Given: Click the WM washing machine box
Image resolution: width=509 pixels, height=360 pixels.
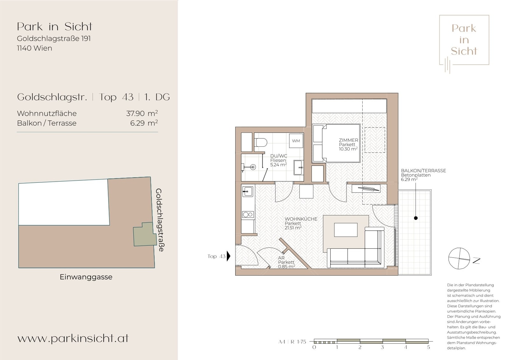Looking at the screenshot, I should (296, 141).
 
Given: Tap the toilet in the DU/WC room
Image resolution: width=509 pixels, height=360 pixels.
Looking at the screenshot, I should (261, 142).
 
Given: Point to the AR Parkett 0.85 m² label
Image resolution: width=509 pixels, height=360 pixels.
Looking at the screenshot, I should (286, 262).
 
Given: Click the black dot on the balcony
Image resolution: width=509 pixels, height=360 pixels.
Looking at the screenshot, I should (415, 218).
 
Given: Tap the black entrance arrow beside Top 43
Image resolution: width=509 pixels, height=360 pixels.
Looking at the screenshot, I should (228, 256).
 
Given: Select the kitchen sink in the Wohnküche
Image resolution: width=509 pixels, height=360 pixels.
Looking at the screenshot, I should (247, 191).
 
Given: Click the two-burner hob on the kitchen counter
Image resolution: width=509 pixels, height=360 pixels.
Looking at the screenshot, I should (248, 215).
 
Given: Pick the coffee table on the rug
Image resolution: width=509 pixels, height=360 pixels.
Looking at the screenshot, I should (345, 230).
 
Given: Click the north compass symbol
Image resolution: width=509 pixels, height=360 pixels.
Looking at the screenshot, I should (459, 258).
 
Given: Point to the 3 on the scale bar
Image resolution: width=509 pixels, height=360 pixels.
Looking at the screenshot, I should (382, 347).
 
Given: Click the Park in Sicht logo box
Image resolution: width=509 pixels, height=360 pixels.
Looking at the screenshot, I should (464, 40).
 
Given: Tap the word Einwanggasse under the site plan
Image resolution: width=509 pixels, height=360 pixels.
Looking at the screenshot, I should (86, 277).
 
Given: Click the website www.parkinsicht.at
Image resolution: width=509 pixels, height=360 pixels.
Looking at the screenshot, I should (73, 338).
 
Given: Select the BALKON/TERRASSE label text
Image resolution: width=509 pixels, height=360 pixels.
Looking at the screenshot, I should (423, 171).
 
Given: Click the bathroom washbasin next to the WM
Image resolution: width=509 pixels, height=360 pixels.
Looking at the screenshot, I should (298, 167).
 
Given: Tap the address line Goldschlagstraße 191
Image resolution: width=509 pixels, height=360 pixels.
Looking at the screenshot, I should (54, 39).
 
